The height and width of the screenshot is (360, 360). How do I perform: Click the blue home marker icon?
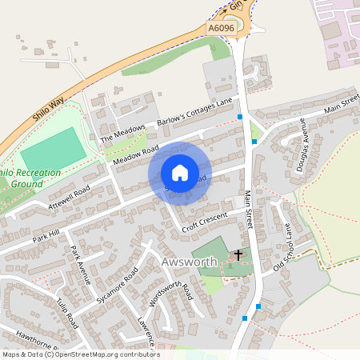[x=180, y=173]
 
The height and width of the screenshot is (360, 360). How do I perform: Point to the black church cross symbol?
[x=238, y=256]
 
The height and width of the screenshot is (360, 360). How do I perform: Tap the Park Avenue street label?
[x=77, y=262]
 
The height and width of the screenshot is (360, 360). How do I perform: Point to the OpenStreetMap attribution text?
[x=80, y=354]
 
